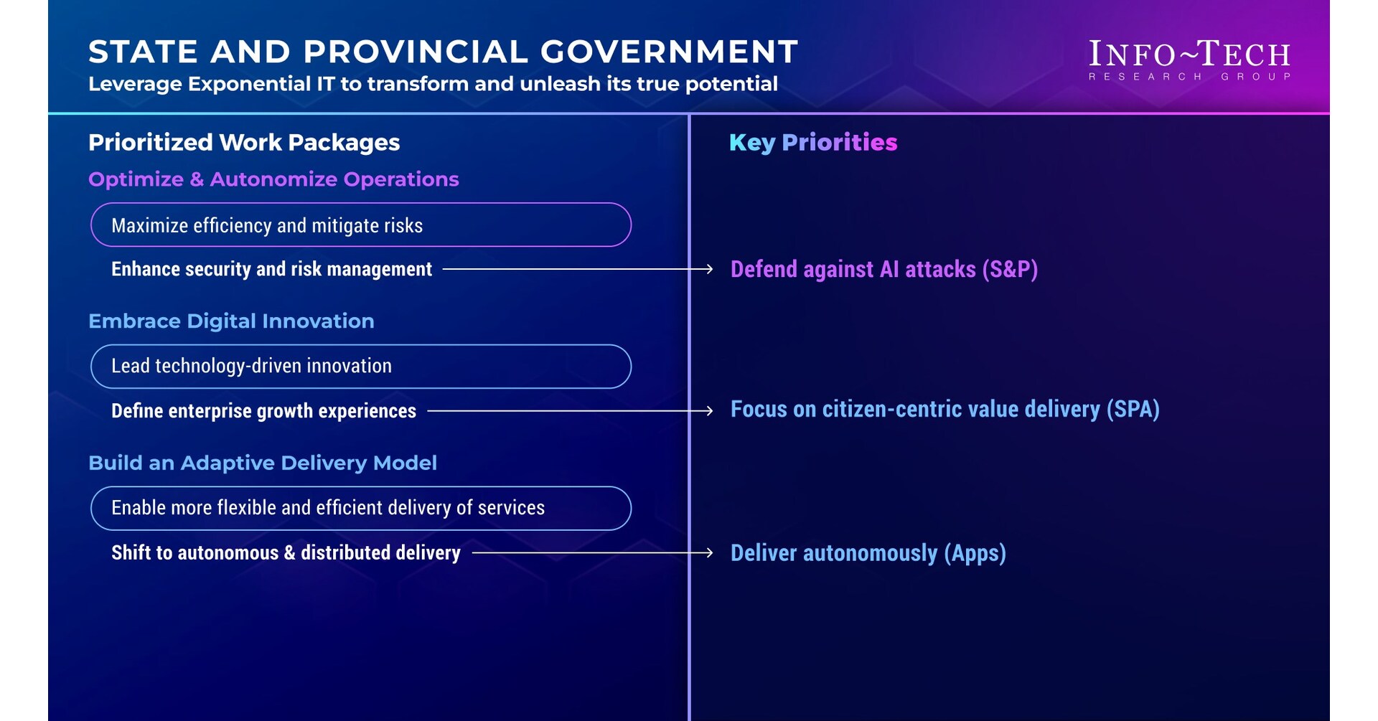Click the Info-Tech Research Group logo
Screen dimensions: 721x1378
click(x=1189, y=60)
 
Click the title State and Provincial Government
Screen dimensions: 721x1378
click(x=443, y=52)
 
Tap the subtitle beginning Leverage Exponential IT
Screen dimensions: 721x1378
click(x=433, y=84)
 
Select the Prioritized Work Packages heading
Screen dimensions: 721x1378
click(x=244, y=142)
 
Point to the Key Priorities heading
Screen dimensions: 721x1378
click(x=813, y=142)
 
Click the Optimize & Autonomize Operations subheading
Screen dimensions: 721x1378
click(x=273, y=179)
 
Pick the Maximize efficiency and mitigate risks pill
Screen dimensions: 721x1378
click(x=360, y=225)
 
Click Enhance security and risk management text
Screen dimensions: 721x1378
click(x=271, y=269)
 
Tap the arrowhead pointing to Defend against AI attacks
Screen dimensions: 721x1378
click(x=708, y=269)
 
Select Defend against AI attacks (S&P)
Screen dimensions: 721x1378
click(x=883, y=269)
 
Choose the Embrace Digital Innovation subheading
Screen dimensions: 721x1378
click(x=231, y=321)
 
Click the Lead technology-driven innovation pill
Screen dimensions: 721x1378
click(x=360, y=366)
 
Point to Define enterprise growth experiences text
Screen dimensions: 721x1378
click(x=263, y=411)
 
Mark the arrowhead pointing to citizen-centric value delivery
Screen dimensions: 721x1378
click(x=708, y=411)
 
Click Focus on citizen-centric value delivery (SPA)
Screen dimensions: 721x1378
click(x=945, y=409)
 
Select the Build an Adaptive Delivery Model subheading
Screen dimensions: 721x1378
click(x=263, y=463)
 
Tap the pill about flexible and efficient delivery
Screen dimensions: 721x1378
click(x=360, y=508)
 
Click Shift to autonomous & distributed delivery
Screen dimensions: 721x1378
click(x=286, y=552)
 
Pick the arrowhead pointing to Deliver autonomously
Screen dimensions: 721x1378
click(x=708, y=552)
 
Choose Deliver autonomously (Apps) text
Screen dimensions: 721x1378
click(x=868, y=552)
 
